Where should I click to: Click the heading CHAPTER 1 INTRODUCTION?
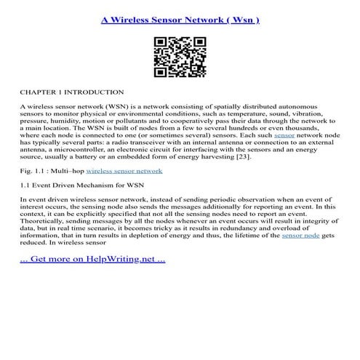[x=72, y=92]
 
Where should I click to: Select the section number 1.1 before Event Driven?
[x=25, y=185]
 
